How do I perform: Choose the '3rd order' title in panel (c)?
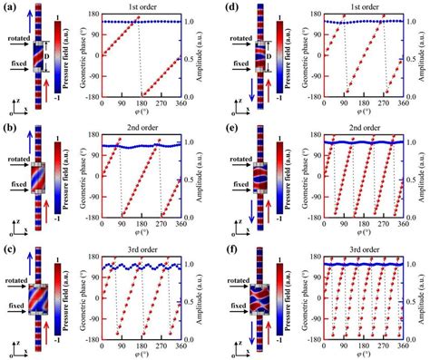click(x=140, y=251)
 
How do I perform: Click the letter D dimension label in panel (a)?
click(x=47, y=57)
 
